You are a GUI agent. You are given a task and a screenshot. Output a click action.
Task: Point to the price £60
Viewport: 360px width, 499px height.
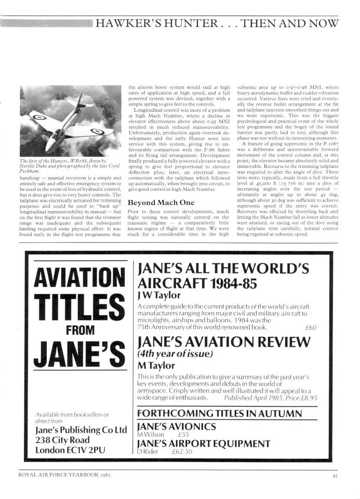pos(311,327)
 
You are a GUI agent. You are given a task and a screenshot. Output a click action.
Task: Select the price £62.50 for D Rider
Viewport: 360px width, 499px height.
pos(182,452)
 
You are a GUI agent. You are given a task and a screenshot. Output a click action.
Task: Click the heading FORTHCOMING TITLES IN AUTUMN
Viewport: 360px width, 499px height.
pos(219,414)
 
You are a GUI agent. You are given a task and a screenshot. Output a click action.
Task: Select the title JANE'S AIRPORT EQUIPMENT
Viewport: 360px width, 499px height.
pos(203,444)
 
